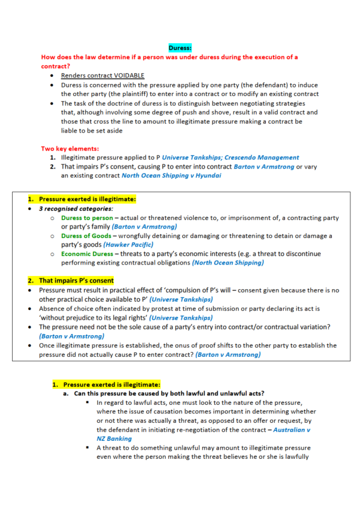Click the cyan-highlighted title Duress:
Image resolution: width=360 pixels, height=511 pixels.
click(x=180, y=48)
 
